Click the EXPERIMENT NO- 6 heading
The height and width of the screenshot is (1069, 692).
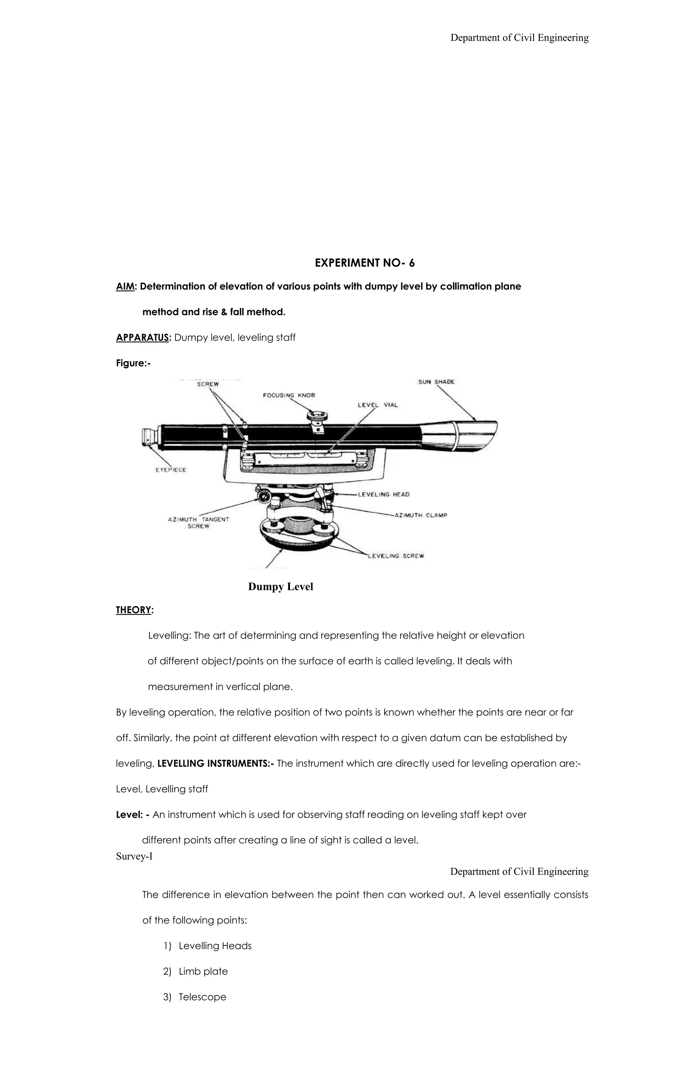pyautogui.click(x=365, y=263)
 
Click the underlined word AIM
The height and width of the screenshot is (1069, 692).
pyautogui.click(x=125, y=286)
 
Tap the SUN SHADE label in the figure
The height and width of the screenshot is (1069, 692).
pyautogui.click(x=436, y=382)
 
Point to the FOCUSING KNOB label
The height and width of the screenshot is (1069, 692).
pyautogui.click(x=289, y=395)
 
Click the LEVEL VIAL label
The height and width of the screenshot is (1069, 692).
pyautogui.click(x=377, y=405)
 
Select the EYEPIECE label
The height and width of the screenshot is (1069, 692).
pyautogui.click(x=171, y=470)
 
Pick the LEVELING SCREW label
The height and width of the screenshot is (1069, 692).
pyautogui.click(x=396, y=556)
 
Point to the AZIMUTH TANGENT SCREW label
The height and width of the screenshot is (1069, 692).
pyautogui.click(x=199, y=523)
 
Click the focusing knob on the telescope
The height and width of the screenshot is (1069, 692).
pyautogui.click(x=317, y=416)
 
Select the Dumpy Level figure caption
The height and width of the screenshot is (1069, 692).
pyautogui.click(x=280, y=587)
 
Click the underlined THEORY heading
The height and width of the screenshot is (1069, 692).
pyautogui.click(x=133, y=610)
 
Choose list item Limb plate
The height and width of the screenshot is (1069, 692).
pyautogui.click(x=203, y=971)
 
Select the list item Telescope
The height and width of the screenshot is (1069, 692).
pyautogui.click(x=202, y=997)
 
